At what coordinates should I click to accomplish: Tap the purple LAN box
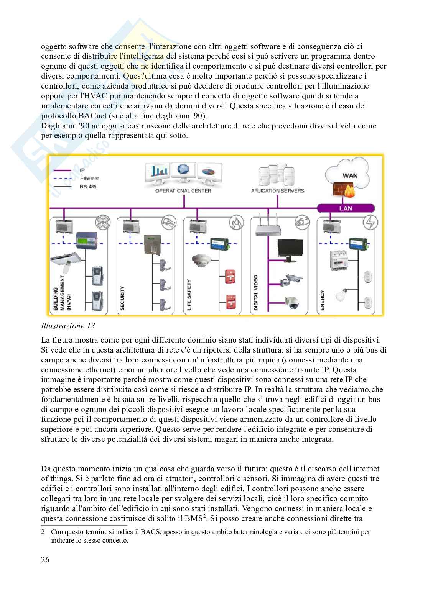[x=346, y=208]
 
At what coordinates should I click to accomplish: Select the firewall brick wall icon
[x=344, y=192]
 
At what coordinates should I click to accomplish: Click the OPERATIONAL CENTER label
[x=183, y=191]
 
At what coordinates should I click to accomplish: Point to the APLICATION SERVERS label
[x=277, y=191]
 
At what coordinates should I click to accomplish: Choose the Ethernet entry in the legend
[x=89, y=178]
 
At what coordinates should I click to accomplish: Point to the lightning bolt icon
[x=372, y=222]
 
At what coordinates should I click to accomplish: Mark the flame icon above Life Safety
[x=236, y=222]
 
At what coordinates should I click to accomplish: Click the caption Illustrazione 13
[x=68, y=326]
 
